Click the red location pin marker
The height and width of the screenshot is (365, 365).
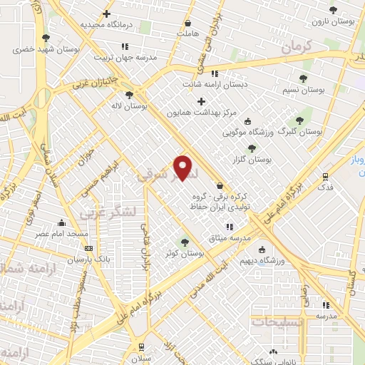tap(184, 168)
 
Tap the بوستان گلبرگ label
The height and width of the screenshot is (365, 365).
tap(299, 132)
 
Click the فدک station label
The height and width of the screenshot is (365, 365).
tap(326, 187)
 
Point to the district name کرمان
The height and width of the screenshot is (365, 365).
tap(297, 48)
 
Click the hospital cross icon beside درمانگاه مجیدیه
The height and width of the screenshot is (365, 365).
tap(107, 14)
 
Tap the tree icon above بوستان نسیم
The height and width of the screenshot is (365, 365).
tap(304, 78)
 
